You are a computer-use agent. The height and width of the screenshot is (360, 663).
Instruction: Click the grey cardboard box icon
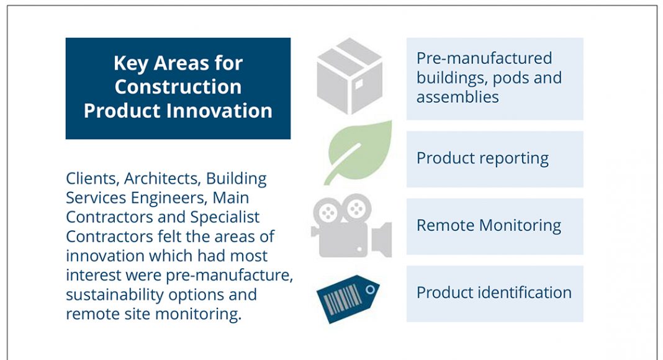[350, 76]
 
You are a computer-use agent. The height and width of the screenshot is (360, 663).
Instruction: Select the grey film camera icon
[351, 226]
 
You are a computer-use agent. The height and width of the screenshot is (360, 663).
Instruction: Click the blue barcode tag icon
[348, 299]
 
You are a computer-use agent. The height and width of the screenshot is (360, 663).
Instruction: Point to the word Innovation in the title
[219, 110]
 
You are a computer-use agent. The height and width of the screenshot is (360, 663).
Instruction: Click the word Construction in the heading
[178, 87]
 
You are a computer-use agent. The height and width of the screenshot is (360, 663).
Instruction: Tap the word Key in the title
[130, 64]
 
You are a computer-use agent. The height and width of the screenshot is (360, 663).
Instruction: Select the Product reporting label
[482, 159]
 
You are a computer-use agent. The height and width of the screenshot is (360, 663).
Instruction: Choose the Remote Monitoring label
[489, 226]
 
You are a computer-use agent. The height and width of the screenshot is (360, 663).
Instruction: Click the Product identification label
[494, 292]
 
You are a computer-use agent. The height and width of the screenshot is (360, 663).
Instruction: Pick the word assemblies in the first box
[458, 97]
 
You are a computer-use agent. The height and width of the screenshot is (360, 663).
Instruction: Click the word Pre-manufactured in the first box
[484, 58]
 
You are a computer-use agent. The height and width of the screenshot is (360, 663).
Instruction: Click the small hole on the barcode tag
[371, 290]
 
